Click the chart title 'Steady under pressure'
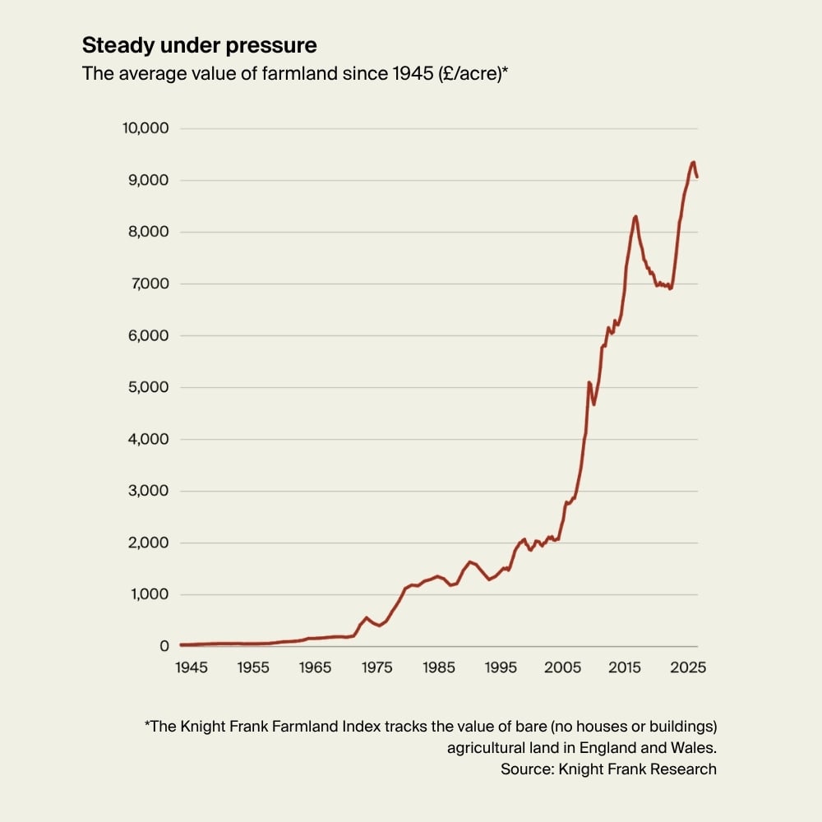pyautogui.click(x=199, y=44)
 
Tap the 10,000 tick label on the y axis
pyautogui.click(x=145, y=128)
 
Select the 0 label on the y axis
pyautogui.click(x=164, y=647)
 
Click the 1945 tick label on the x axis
pyautogui.click(x=192, y=667)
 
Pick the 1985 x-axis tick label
pyautogui.click(x=440, y=667)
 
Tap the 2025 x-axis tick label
pyautogui.click(x=688, y=667)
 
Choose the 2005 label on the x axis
pyautogui.click(x=564, y=667)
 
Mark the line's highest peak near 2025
pyautogui.click(x=693, y=162)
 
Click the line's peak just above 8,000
pyautogui.click(x=635, y=216)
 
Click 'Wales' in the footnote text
pyautogui.click(x=694, y=748)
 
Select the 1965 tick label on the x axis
pyautogui.click(x=316, y=667)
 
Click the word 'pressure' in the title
pyautogui.click(x=276, y=44)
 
